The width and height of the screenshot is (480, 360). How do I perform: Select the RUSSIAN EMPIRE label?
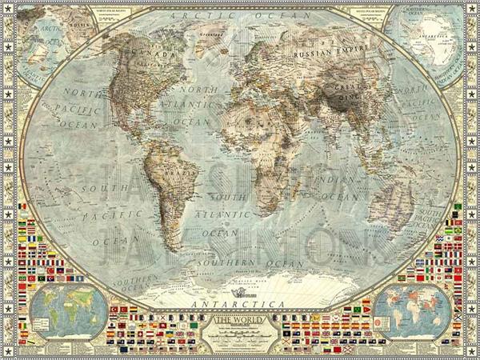pyautogui.click(x=324, y=54)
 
